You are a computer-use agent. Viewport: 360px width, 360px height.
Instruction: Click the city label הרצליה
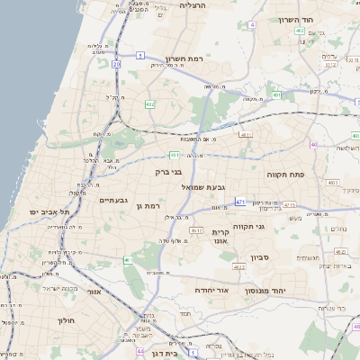[193, 5]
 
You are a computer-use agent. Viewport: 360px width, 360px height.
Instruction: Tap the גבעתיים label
[118, 200]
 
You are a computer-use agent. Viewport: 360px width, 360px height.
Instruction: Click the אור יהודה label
[213, 290]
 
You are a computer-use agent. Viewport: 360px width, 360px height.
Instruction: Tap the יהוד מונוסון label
[289, 290]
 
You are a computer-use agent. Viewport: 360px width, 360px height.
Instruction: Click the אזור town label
[93, 291]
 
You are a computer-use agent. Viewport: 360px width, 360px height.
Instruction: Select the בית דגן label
[163, 355]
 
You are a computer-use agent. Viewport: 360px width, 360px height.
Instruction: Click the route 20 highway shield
[116, 64]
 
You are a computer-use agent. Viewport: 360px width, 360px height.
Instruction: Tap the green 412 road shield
[150, 105]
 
